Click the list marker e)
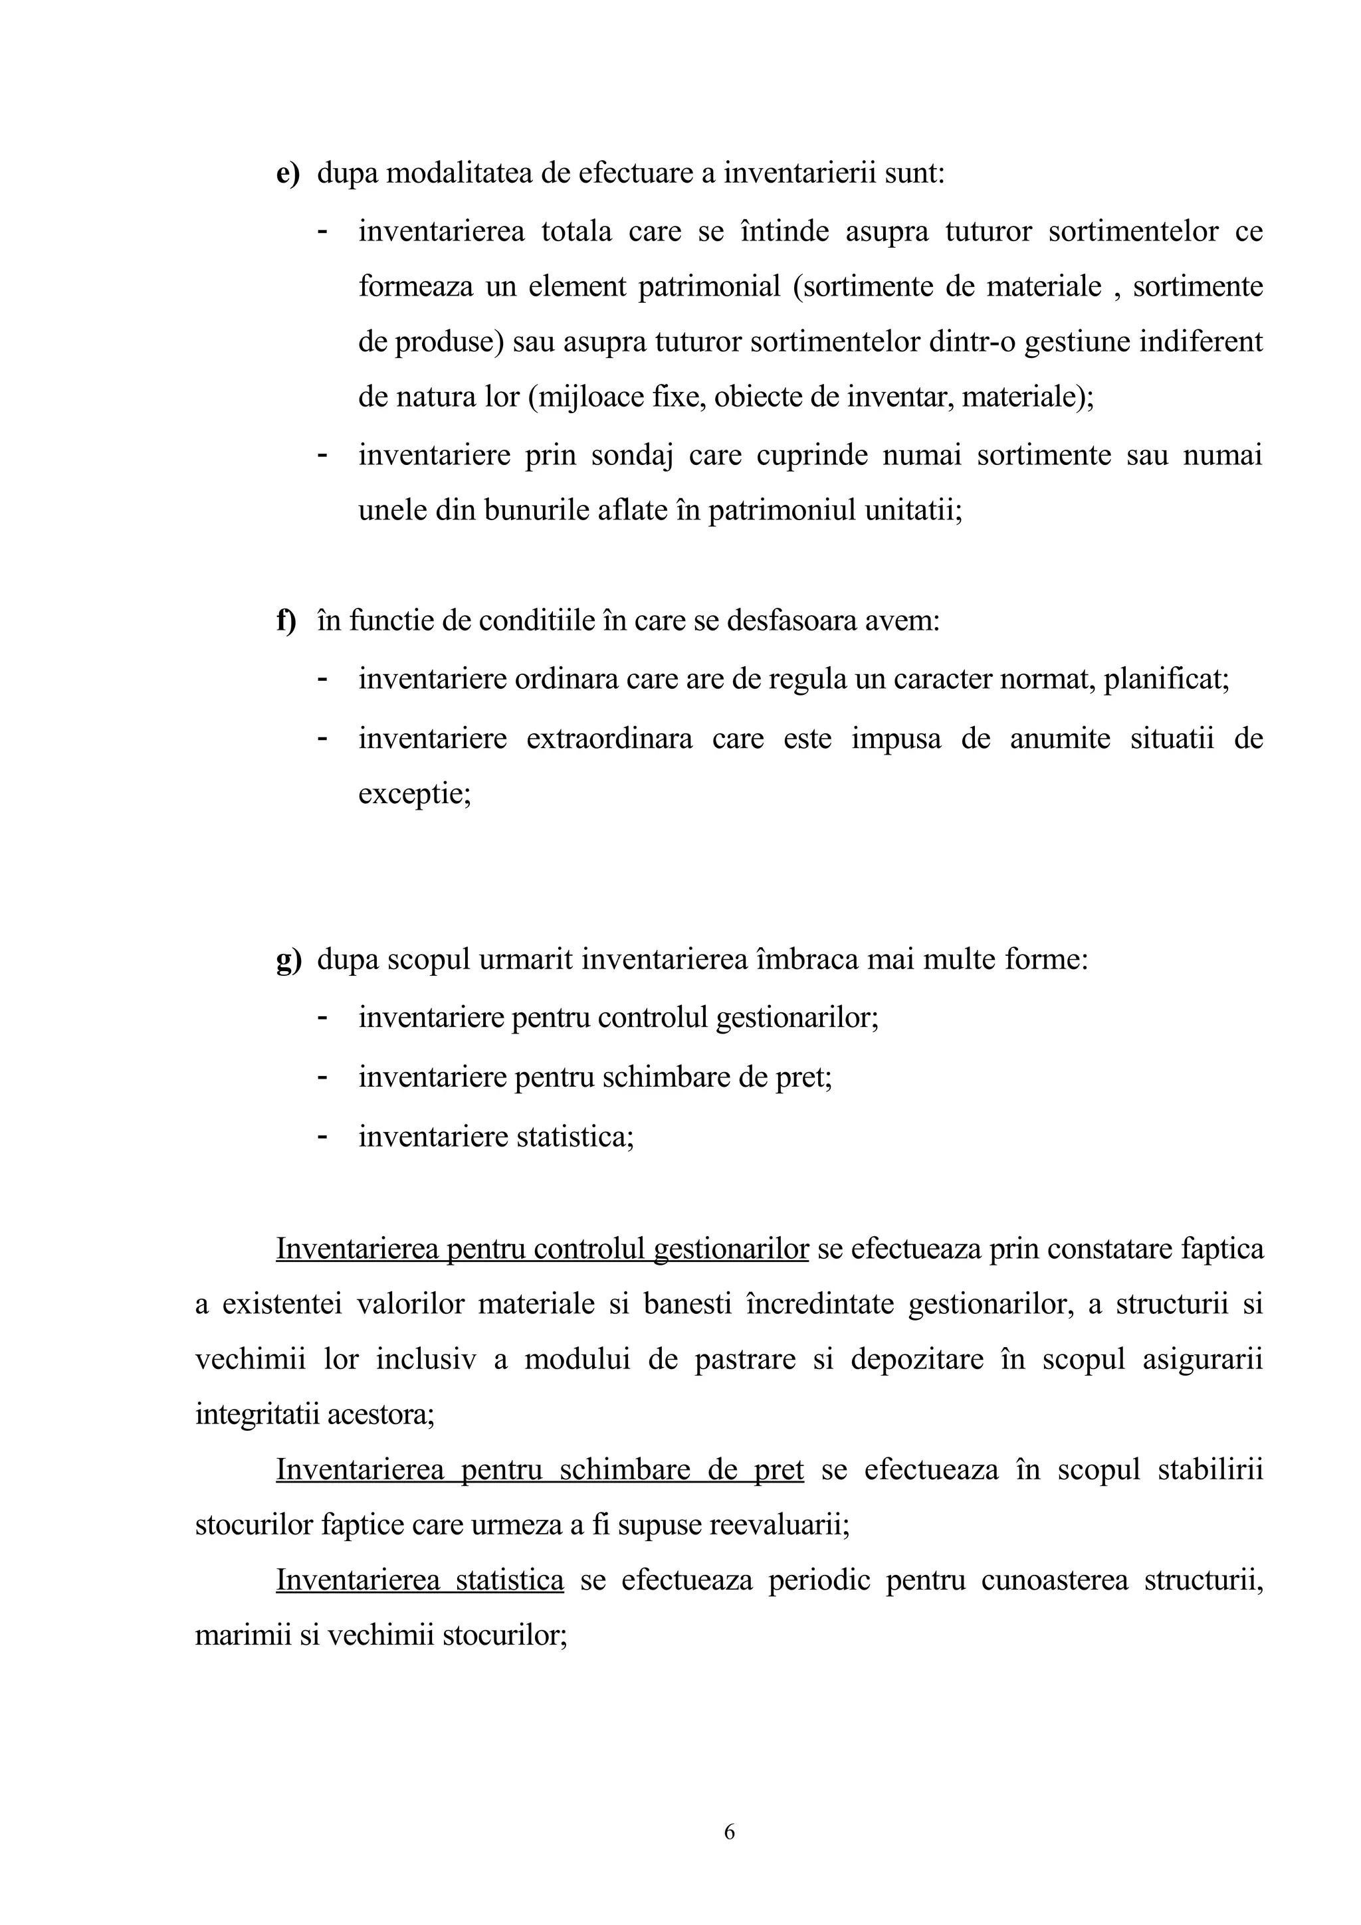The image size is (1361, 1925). coord(288,173)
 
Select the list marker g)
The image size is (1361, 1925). coord(288,959)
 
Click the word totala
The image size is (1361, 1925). coord(576,231)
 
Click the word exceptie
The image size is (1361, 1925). coord(414,793)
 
